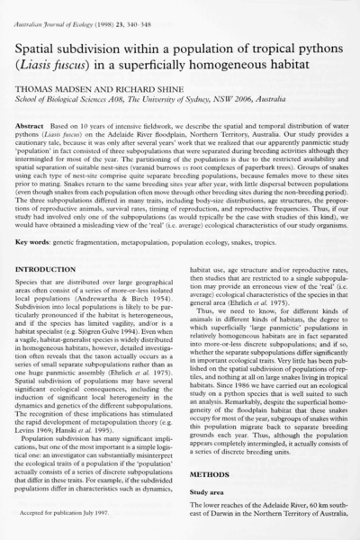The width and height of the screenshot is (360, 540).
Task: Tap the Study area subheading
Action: [208, 504]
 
